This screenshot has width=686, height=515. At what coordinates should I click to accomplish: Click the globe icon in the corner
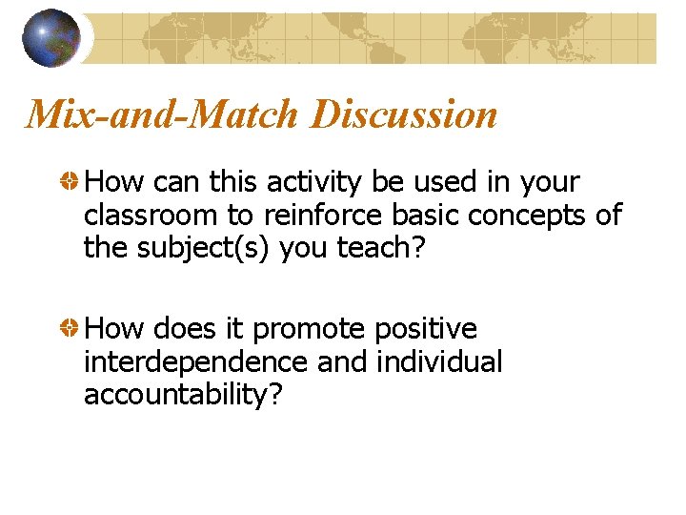click(51, 38)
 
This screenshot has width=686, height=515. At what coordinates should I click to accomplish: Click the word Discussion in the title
click(403, 114)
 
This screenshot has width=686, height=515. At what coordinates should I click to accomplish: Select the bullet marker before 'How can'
click(70, 181)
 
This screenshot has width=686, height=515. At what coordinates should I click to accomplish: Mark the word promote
click(309, 329)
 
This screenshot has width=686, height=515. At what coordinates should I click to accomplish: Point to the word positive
click(426, 329)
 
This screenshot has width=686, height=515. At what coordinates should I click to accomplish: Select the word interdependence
click(195, 362)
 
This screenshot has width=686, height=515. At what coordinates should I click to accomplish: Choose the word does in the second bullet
click(184, 329)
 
